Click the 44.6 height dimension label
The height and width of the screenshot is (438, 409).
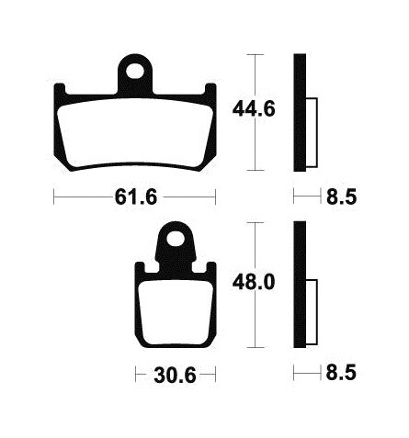point(254,109)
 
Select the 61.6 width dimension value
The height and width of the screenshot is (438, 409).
point(136,197)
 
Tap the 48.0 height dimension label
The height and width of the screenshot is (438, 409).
point(254,282)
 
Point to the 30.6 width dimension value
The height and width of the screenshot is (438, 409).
point(175,375)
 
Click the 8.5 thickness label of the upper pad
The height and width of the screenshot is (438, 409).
point(342,197)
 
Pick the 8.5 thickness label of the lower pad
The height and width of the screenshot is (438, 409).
point(341,373)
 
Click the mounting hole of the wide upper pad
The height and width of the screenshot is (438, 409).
point(135,71)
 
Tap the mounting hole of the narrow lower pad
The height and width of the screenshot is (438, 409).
point(176,238)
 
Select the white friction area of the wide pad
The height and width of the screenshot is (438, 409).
point(135,134)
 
